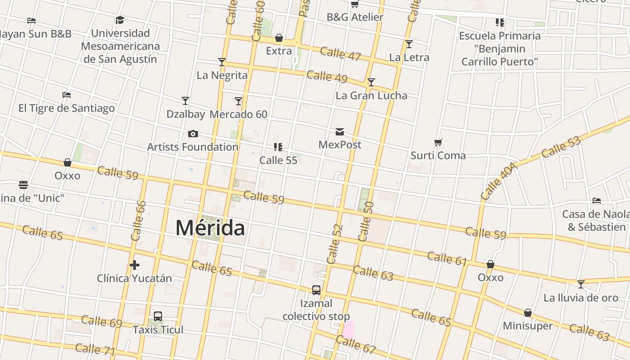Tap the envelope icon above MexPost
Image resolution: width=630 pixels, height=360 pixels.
pos(340,132)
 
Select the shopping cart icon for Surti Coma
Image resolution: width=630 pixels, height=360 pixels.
pos(438,143)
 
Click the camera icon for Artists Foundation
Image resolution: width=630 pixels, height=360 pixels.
pos(193,134)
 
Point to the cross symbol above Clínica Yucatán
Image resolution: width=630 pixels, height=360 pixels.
pos(134,265)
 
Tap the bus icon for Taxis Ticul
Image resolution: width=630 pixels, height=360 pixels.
pos(158,316)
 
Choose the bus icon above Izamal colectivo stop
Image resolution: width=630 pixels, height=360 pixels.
pos(316,290)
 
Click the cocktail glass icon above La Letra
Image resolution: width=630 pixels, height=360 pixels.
pos(409,44)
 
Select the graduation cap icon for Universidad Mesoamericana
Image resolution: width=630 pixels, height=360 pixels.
pos(120,20)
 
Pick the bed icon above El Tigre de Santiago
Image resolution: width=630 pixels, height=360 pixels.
pos(67,95)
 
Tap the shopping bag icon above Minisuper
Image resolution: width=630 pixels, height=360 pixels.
pos(528,313)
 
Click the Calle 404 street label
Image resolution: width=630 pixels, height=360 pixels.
pos(499,181)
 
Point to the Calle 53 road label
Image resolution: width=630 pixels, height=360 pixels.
pos(561,147)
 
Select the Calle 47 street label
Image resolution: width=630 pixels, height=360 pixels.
pos(341,53)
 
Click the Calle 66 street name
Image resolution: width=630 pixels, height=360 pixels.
pos(139,220)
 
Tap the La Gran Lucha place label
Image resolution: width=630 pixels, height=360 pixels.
pos(371,95)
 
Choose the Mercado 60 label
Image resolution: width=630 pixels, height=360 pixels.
pos(238,114)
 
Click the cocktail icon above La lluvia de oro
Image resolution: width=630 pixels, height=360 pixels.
pos(581,284)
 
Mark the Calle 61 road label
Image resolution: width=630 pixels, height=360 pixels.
pos(447,258)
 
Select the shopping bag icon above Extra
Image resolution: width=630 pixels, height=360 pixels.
pos(279,38)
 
